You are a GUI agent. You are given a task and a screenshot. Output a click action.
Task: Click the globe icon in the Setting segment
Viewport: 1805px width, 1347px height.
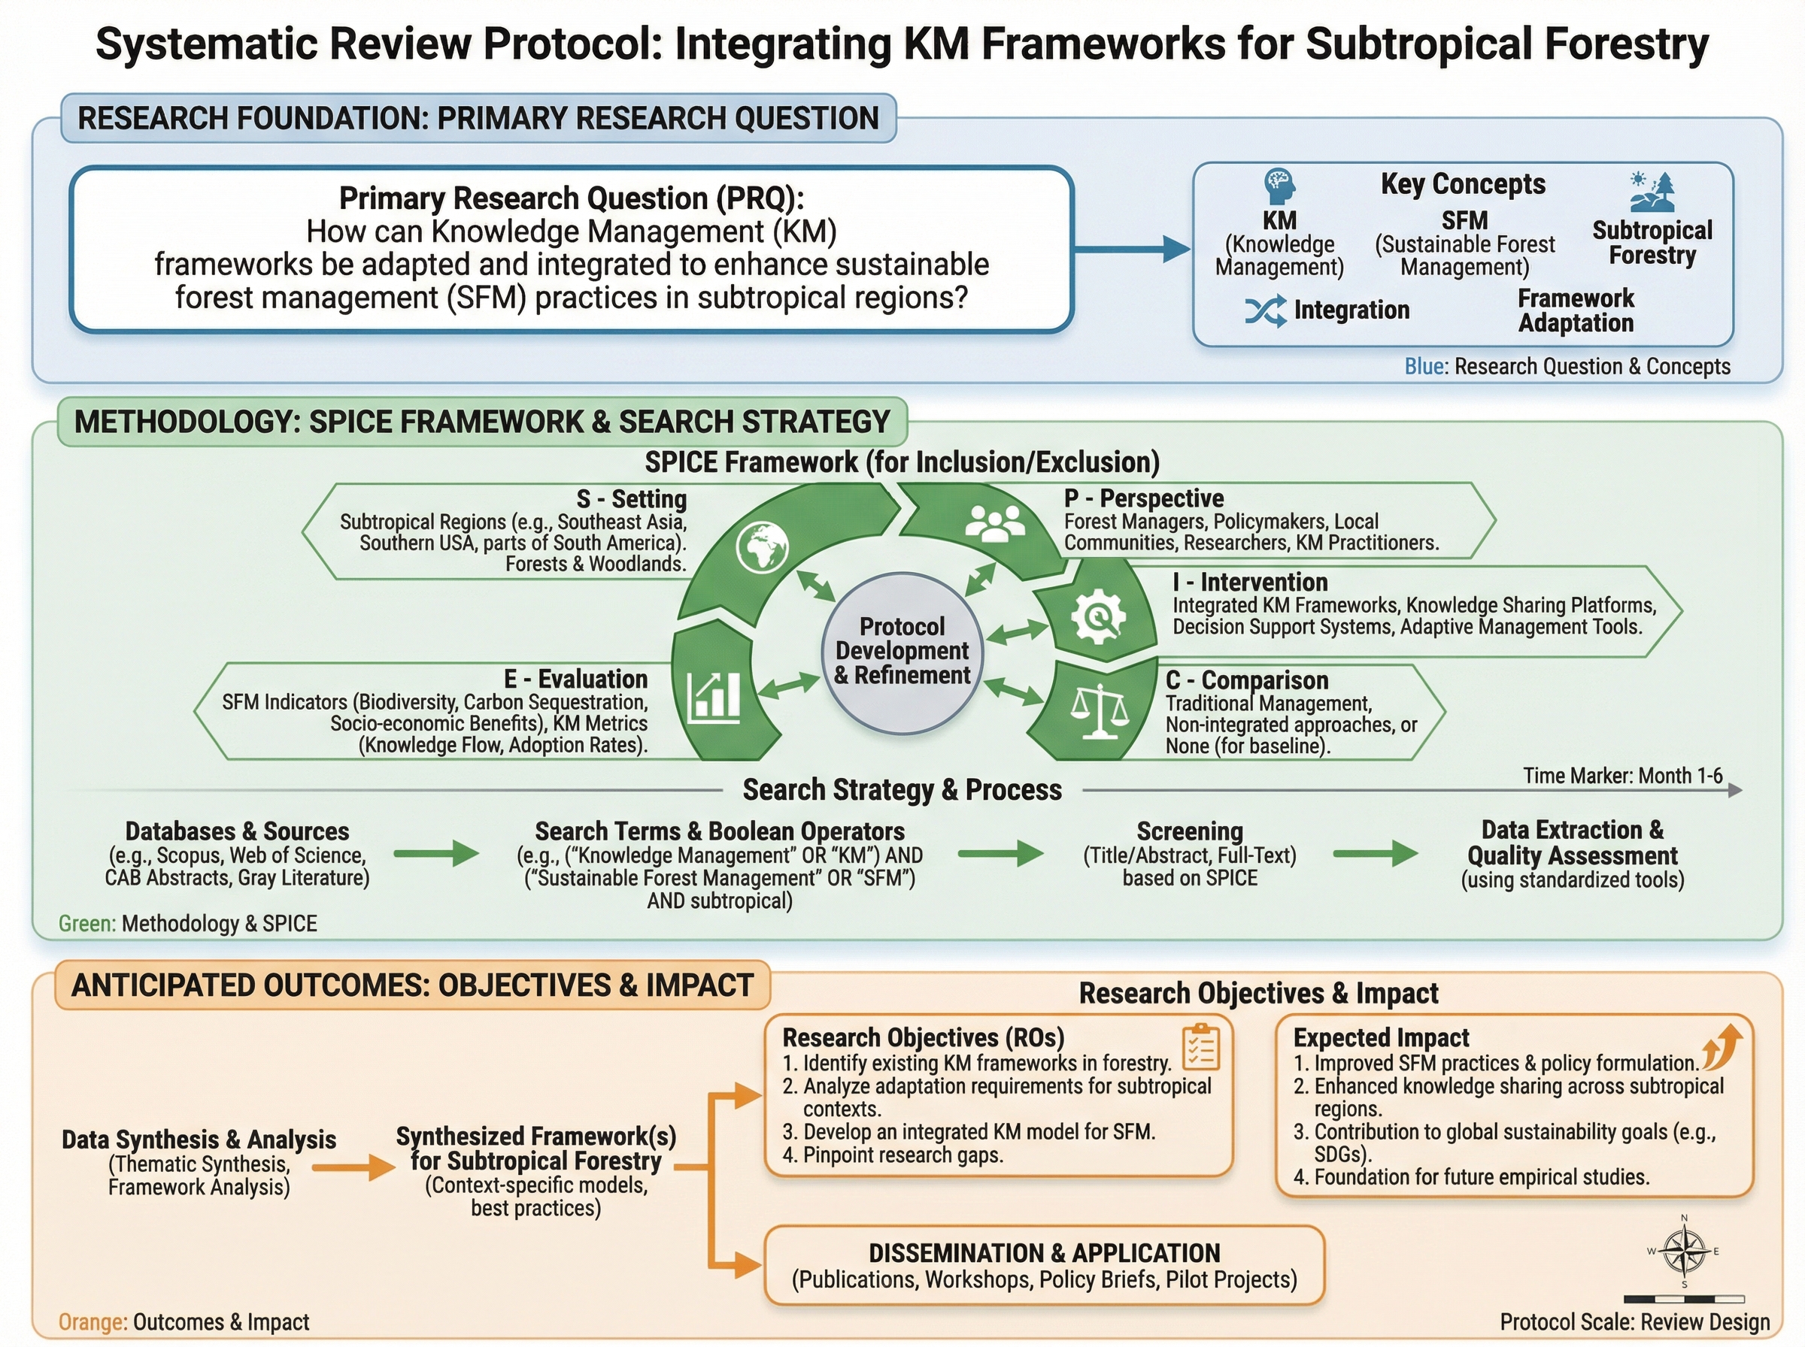point(761,546)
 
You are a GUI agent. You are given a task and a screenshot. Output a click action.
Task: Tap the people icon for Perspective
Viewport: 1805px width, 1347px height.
point(994,522)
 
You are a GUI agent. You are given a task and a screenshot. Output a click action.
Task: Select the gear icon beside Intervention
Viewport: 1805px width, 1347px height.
point(1098,616)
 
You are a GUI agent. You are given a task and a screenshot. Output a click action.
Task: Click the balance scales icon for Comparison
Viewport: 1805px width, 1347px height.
point(1100,711)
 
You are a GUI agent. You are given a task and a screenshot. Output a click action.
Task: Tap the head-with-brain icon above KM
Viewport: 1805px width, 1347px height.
point(1279,186)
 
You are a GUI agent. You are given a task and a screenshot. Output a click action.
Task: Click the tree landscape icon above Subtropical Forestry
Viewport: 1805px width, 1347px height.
point(1652,192)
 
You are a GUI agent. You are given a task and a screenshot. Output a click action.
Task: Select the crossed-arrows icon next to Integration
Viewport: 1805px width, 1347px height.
point(1265,310)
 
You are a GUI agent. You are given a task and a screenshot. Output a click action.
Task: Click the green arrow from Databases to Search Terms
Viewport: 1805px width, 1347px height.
point(435,854)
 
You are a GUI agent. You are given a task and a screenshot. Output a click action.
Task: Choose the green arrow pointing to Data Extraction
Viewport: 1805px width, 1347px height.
point(1375,854)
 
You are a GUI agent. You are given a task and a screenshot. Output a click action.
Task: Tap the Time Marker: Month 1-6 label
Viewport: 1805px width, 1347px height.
point(1622,776)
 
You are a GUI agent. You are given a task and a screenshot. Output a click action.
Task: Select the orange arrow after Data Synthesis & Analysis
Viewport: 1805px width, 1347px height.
point(353,1167)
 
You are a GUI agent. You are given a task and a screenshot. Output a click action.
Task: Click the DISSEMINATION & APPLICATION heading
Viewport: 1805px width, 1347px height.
point(1044,1252)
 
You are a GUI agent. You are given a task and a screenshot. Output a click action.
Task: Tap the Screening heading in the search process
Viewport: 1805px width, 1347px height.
point(1189,831)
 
